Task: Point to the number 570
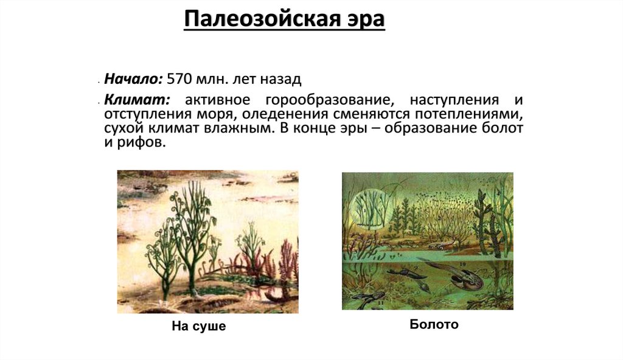(x=179, y=79)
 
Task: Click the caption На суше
(x=198, y=327)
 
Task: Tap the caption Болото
(x=434, y=325)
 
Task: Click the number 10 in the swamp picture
(x=462, y=264)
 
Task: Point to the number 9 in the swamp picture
(x=415, y=268)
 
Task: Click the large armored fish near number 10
(x=465, y=280)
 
